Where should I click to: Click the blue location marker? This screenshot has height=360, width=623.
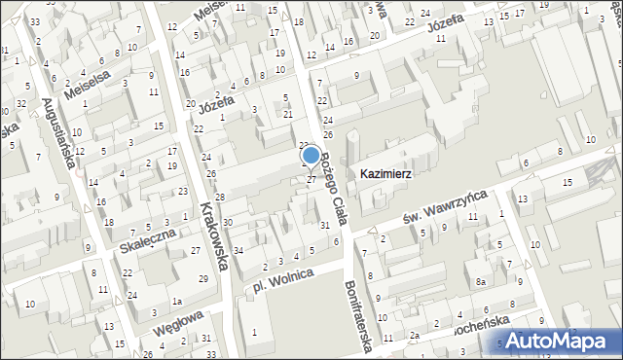(311, 155)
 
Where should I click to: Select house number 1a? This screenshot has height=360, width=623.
(178, 302)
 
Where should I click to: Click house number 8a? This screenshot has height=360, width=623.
(480, 282)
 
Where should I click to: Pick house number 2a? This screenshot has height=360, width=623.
(414, 337)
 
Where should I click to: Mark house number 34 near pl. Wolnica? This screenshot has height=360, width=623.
(238, 251)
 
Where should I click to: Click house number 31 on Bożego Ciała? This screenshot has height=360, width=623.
(325, 225)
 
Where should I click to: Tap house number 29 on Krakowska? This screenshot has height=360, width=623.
(202, 279)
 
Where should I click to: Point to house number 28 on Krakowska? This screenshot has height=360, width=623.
(220, 198)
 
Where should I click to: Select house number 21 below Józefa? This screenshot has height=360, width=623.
(287, 115)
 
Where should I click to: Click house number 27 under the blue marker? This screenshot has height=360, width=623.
(311, 180)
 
